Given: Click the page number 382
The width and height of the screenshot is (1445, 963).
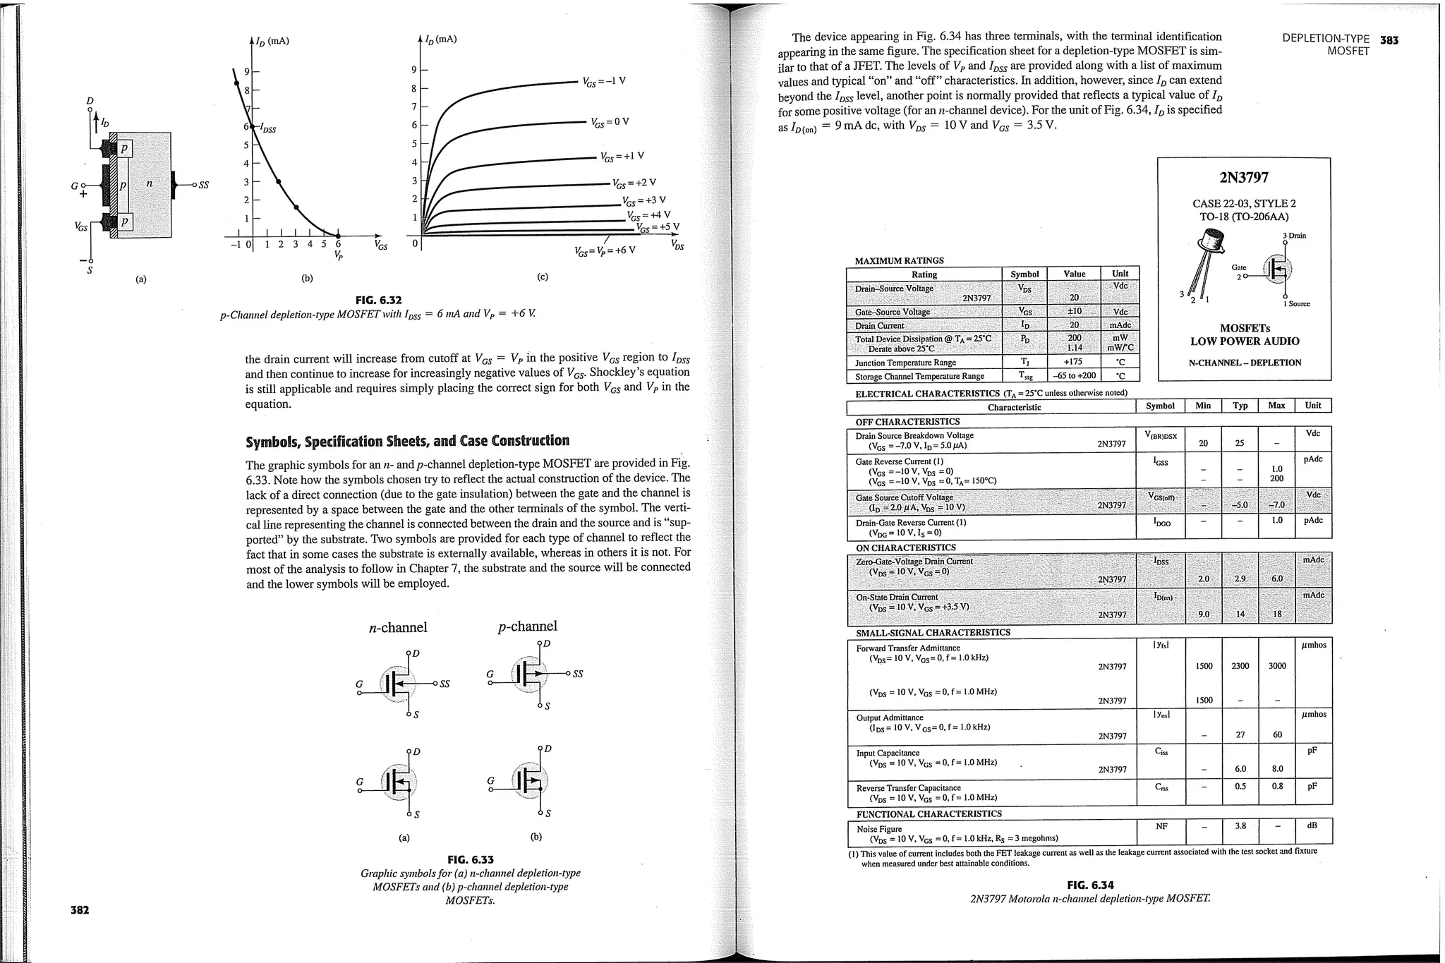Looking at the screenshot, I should (80, 910).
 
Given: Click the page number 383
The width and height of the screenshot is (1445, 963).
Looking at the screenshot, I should (1389, 40).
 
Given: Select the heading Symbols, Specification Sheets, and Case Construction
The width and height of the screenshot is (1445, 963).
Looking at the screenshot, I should (407, 442).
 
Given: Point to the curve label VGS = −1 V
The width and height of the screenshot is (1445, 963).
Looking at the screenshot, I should (605, 81).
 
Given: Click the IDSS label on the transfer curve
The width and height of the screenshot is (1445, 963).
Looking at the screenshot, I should (267, 128).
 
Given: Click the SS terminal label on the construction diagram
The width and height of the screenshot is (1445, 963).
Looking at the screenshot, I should (204, 186).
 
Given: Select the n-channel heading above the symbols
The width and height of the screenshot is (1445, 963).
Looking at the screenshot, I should (398, 627).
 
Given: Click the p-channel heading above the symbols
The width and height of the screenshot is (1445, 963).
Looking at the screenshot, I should (527, 626).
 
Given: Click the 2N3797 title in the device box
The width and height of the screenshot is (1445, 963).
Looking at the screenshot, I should (1244, 178).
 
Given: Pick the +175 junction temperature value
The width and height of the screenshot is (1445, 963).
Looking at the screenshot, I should (1074, 362).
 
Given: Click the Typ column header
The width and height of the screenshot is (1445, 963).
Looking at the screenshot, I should (1240, 406).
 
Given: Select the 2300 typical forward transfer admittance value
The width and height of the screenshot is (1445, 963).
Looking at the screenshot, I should (1240, 665).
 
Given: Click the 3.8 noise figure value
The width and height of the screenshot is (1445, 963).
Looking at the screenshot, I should (1240, 825).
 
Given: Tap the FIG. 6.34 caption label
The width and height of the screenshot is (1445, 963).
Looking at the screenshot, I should (1090, 885).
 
